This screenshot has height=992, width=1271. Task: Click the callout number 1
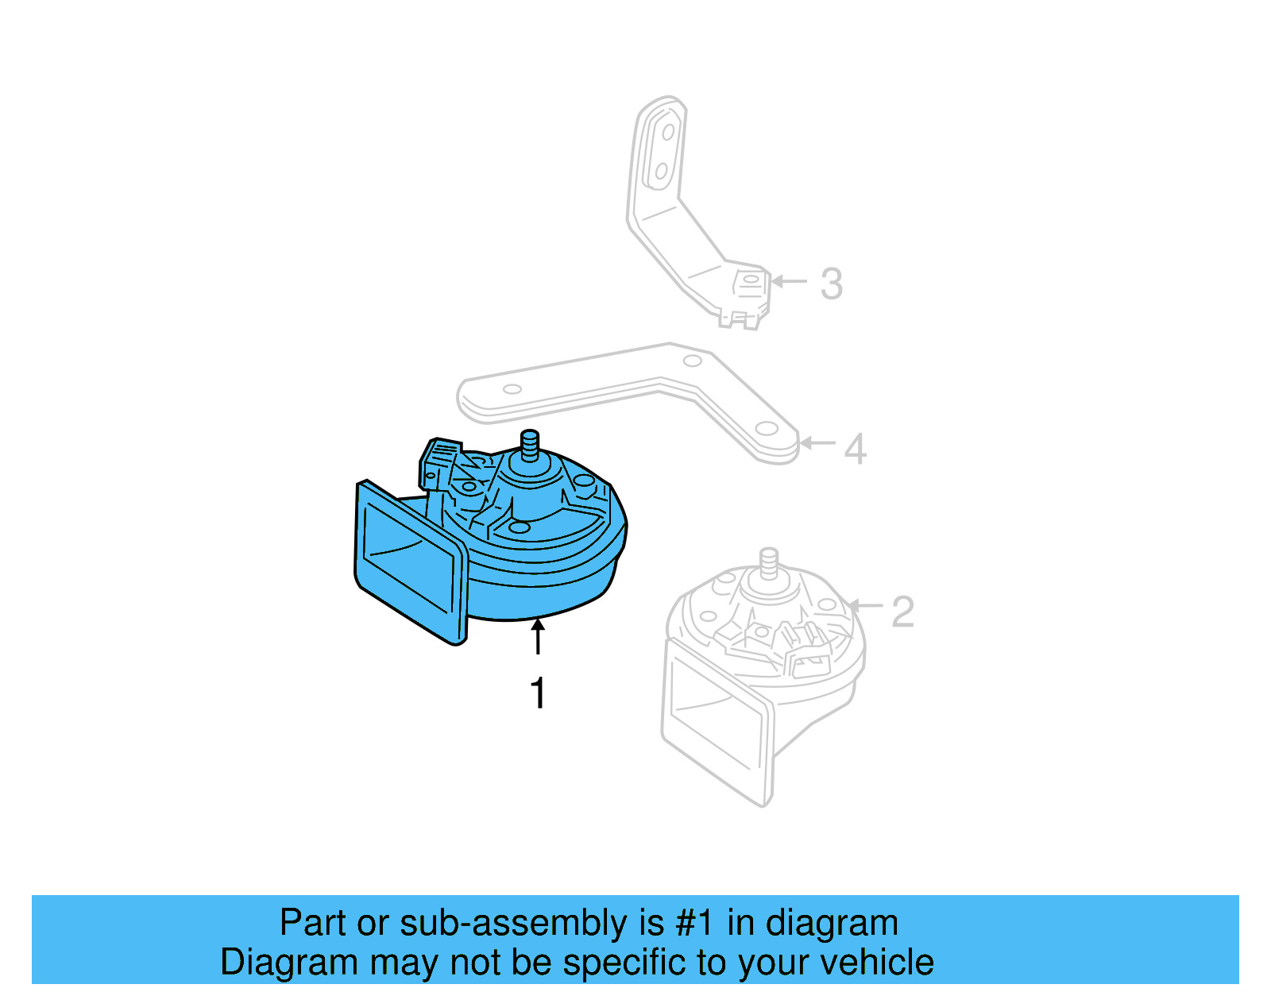(539, 693)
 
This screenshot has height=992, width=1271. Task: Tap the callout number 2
(902, 612)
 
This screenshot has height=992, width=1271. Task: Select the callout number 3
(831, 284)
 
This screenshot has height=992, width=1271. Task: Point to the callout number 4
(855, 449)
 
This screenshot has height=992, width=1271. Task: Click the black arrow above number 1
(539, 637)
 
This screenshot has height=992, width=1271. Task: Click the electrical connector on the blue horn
(438, 461)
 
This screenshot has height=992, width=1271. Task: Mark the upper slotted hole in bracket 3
(669, 132)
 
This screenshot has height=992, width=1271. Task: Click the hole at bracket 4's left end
(512, 389)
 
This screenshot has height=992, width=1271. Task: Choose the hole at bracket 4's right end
(767, 429)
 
